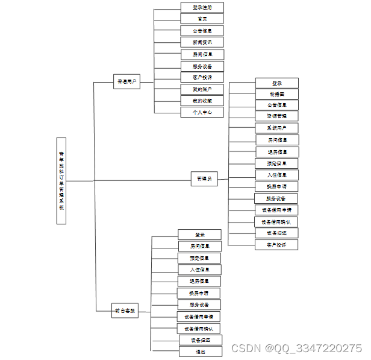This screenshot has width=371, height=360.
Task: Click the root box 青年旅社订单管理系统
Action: point(61,181)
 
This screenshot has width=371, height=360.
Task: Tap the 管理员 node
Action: point(204,179)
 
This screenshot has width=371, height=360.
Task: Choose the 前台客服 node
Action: point(125,312)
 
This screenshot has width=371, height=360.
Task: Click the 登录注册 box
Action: point(202,7)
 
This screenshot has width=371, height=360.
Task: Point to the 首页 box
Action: point(202,19)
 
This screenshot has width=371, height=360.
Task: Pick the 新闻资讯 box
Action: point(202,42)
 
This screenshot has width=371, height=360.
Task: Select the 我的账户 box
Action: point(202,89)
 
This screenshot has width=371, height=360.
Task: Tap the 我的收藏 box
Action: point(202,101)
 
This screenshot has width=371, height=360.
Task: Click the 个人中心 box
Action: point(202,112)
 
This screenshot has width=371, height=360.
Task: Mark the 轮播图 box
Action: point(276,94)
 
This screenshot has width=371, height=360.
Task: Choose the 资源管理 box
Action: point(276,116)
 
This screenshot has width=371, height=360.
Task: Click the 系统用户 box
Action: point(276,128)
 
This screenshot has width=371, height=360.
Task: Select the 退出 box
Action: point(200,352)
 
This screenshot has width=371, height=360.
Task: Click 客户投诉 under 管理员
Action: point(276,245)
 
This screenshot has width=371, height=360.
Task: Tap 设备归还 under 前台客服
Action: point(200,340)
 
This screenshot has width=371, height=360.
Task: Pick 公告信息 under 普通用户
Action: point(202,30)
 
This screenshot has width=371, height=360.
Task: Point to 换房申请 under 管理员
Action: point(276,186)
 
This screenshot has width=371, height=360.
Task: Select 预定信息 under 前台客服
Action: point(200,257)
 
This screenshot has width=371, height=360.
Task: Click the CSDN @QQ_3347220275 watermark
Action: point(296,349)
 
